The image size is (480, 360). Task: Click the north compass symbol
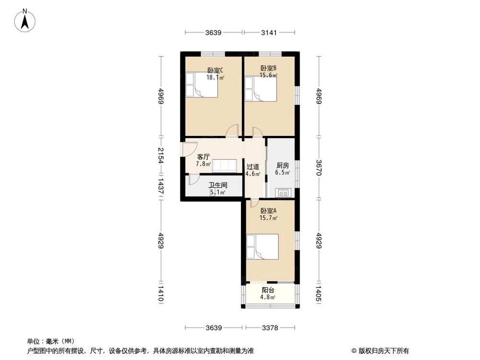(25, 21)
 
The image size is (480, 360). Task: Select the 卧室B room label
(268, 68)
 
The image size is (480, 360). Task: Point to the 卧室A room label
(268, 211)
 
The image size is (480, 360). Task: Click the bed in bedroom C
(202, 85)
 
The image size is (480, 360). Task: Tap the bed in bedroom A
(262, 247)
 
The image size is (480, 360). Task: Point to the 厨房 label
(281, 165)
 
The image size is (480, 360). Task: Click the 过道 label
(253, 167)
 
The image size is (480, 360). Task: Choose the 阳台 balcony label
(268, 290)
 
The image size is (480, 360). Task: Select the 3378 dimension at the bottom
(269, 328)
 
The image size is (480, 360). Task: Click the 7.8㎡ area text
(203, 164)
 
